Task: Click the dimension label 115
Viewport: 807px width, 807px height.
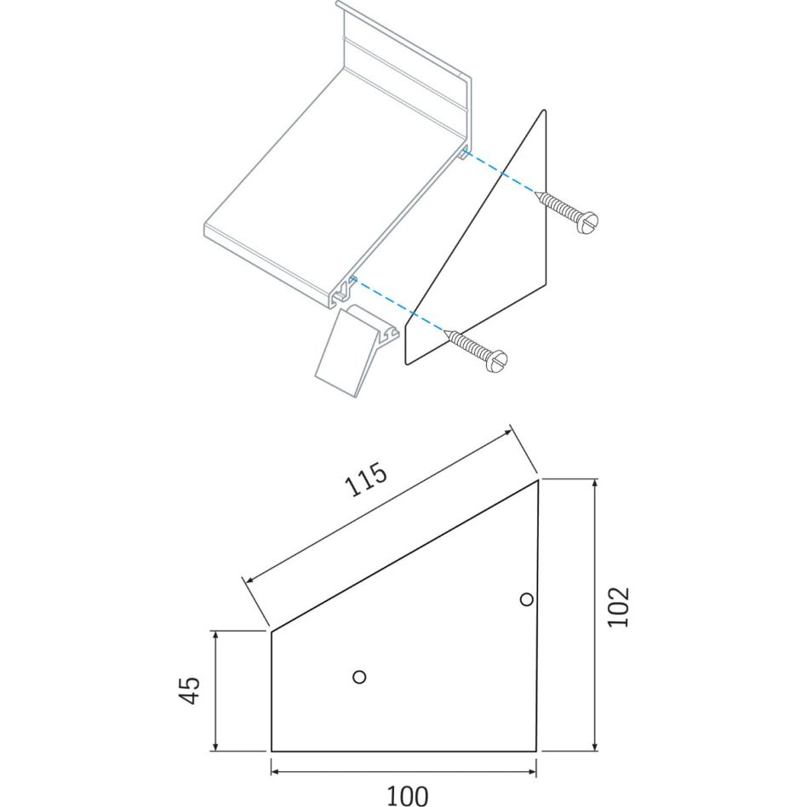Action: [365, 479]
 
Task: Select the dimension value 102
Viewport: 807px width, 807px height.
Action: [618, 606]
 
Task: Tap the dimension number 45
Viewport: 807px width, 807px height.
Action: [189, 690]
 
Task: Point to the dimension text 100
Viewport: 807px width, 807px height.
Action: [407, 796]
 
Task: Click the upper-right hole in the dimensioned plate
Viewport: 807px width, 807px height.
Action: [526, 599]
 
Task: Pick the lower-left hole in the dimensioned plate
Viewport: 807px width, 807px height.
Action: [360, 676]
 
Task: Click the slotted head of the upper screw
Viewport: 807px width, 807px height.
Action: [588, 223]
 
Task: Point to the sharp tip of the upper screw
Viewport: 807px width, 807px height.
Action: [535, 192]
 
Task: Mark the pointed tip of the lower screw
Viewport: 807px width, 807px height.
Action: [445, 331]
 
